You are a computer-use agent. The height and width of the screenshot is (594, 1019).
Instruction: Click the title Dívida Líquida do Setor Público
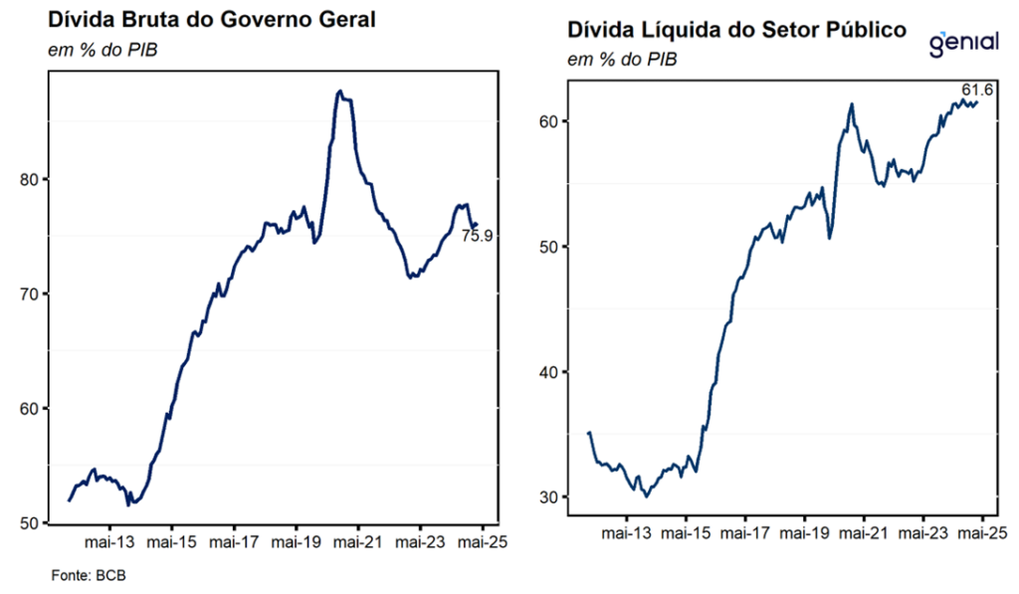736,30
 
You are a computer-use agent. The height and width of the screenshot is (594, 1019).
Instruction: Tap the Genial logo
963,45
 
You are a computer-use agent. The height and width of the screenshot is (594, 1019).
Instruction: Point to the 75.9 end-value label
478,236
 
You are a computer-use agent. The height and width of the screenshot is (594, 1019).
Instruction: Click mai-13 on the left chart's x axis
109,543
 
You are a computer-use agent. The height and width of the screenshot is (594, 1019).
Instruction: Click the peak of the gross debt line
340,91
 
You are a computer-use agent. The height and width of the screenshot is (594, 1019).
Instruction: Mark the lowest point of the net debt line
647,496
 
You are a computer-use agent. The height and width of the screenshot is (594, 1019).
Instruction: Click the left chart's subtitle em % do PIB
98,50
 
